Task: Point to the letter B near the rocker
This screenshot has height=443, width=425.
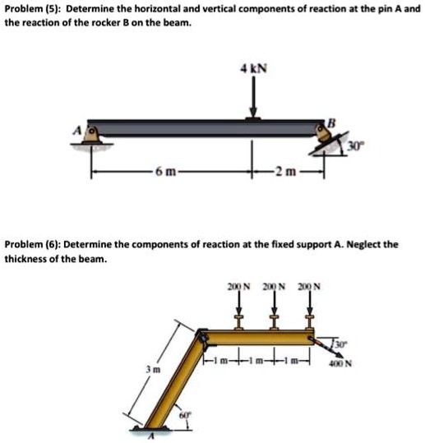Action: click(331, 122)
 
